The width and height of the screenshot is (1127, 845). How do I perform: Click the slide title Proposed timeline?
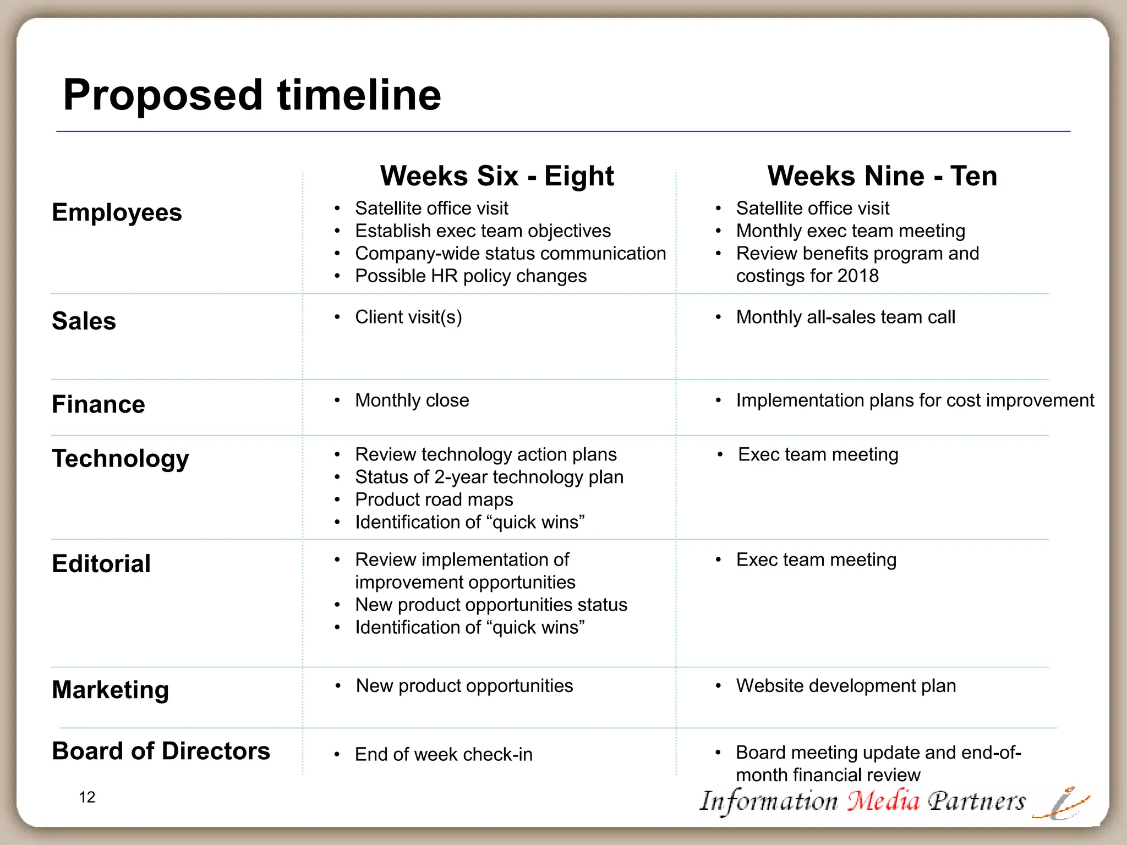click(252, 95)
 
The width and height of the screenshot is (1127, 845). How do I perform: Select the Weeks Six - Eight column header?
click(496, 176)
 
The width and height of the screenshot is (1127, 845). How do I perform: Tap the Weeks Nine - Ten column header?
click(882, 176)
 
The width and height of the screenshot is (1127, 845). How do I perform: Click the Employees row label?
click(117, 212)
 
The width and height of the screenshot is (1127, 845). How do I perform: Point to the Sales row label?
click(84, 321)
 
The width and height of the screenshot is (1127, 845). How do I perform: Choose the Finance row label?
click(99, 404)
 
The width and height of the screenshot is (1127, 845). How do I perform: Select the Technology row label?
click(121, 458)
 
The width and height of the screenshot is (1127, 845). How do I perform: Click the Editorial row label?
click(101, 564)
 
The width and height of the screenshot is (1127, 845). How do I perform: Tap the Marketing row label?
click(110, 689)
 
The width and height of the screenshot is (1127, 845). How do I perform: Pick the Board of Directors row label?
click(161, 751)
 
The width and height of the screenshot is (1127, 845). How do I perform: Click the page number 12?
click(87, 797)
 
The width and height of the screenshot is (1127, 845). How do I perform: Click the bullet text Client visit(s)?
click(408, 317)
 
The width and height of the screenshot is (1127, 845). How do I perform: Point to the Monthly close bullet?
click(412, 400)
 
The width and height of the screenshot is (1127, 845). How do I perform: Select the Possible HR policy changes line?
click(471, 276)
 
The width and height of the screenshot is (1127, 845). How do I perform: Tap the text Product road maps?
click(434, 500)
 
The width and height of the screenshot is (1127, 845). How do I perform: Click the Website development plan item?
click(846, 685)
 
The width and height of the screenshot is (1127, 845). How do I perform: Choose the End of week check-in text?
click(444, 754)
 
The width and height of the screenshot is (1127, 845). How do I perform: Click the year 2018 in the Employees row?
click(858, 276)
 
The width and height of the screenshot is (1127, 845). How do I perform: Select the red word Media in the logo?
click(883, 801)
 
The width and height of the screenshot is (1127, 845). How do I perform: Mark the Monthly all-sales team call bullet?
click(845, 317)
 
